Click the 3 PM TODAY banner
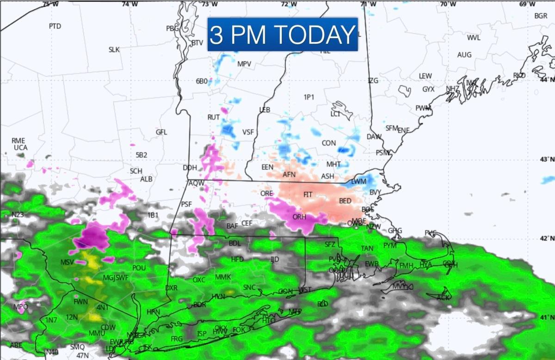point(283,34)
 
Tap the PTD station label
point(55,26)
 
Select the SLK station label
point(114,49)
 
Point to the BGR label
point(541,16)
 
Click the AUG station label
point(464,55)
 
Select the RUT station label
point(213,117)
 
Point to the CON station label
point(329,143)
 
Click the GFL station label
point(161,132)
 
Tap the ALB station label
point(146,179)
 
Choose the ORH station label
point(299,217)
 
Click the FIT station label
point(308,195)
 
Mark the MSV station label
point(67,262)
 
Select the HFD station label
point(237,260)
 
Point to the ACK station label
point(443,297)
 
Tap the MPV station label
point(244,64)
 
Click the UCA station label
point(20,147)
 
